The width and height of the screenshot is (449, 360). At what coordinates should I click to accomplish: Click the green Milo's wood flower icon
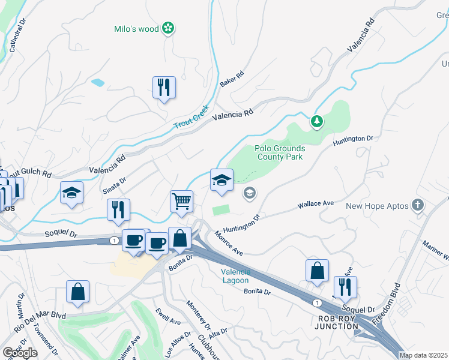click(169, 28)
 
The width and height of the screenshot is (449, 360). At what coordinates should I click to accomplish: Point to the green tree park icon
click(317, 122)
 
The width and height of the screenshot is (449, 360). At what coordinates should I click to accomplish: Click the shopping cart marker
click(181, 201)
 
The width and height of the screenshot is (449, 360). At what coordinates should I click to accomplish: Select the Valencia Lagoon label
click(232, 276)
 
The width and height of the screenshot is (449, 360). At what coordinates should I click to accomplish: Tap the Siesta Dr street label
click(114, 185)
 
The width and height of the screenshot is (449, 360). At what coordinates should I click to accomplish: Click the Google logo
click(20, 353)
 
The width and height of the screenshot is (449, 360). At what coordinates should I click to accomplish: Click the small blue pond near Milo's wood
click(97, 83)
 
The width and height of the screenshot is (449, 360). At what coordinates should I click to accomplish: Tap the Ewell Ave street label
click(167, 317)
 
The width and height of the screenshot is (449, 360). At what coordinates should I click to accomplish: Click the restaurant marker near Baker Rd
click(164, 88)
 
